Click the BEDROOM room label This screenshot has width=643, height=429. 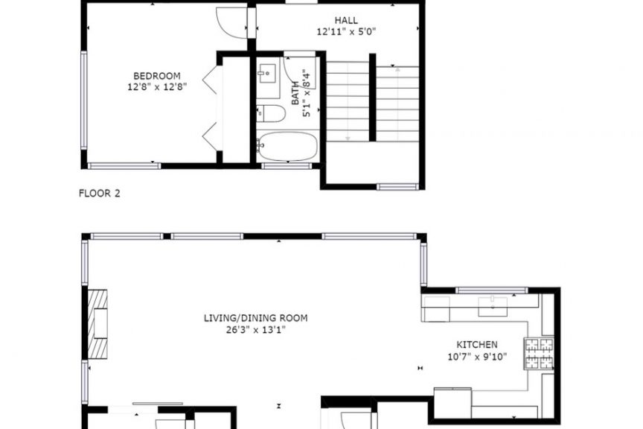(156, 76)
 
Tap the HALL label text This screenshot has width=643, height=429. (346, 20)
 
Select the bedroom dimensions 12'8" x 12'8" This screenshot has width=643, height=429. (157, 87)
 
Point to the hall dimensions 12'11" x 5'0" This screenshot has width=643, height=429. (346, 31)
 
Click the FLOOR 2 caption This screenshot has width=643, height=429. (99, 194)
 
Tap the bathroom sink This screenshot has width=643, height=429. (268, 74)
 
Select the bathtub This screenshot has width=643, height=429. (288, 146)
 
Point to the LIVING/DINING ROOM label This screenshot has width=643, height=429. (255, 318)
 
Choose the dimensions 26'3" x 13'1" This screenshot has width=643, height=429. (255, 329)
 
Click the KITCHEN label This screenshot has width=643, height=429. (477, 345)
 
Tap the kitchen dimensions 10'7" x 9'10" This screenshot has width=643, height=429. (477, 357)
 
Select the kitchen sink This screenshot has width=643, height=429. (493, 306)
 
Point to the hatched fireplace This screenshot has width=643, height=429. (97, 324)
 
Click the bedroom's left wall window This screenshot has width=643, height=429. (84, 100)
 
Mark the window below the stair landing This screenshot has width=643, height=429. (397, 187)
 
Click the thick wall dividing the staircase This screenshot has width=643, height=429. (372, 98)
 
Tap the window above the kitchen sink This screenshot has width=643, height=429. (492, 290)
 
